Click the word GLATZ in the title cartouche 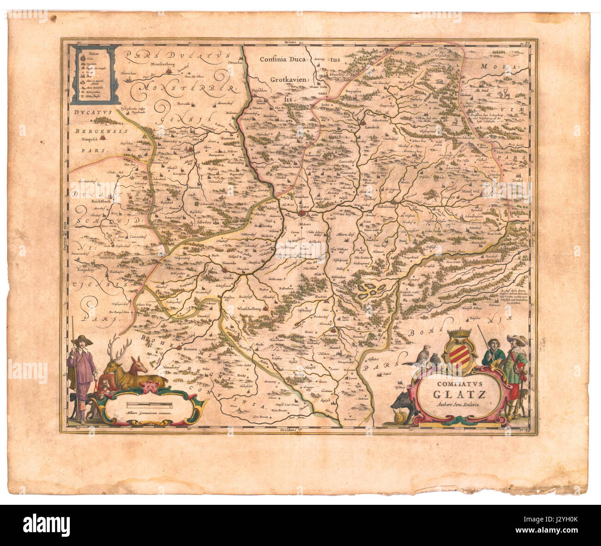pos(459,395)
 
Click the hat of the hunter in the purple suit pos(82,340)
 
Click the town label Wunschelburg pos(250,308)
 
